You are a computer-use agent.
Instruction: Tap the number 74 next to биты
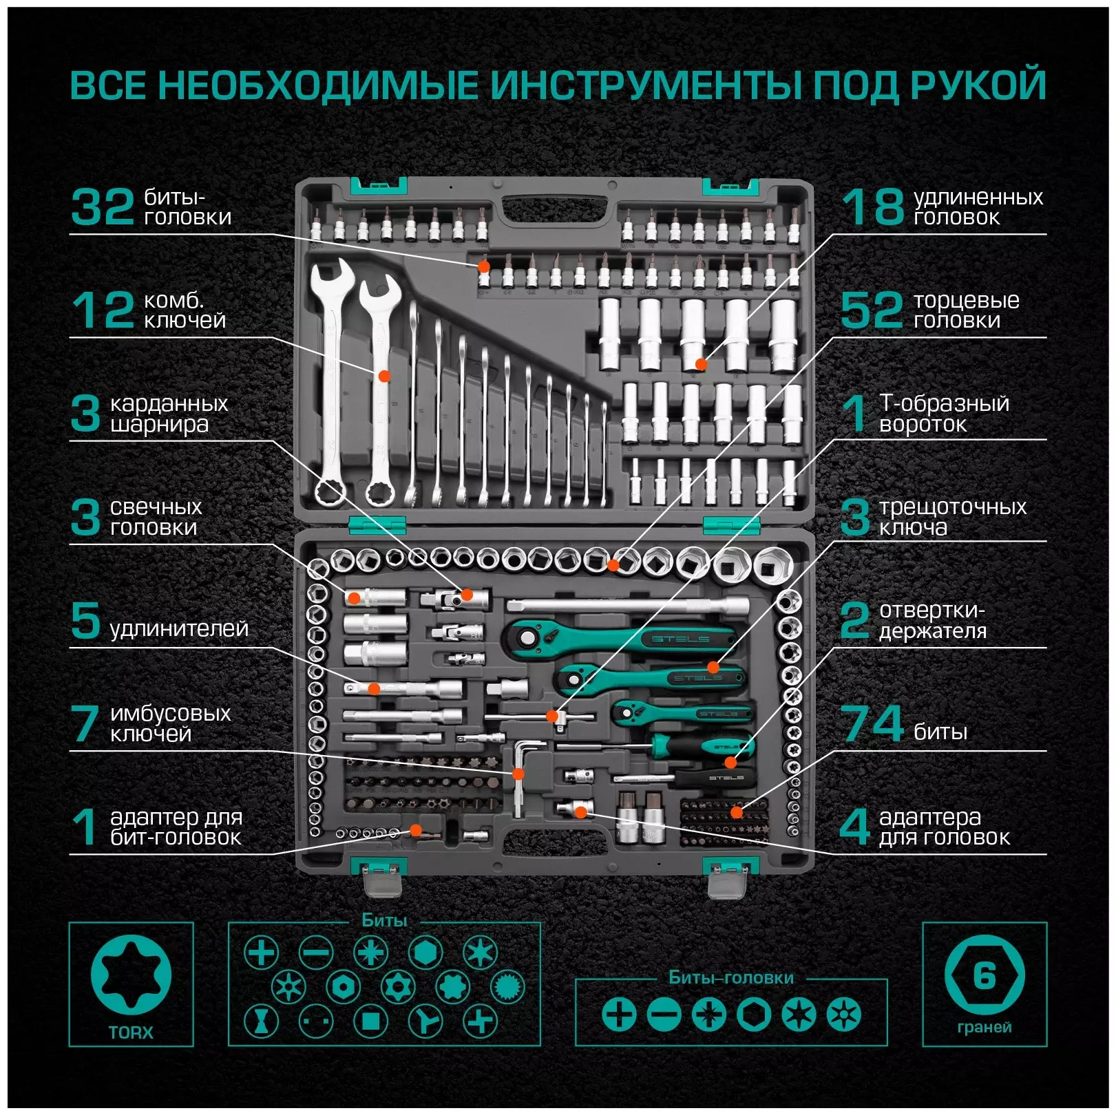tap(872, 723)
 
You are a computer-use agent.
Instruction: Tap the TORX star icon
tap(131, 975)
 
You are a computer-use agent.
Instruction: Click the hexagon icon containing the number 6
tap(985, 976)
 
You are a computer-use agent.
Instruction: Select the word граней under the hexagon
tap(985, 1027)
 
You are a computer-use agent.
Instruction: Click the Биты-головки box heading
tap(731, 977)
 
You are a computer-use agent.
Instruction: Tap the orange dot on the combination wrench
tap(385, 376)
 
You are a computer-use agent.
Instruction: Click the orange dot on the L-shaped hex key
tap(518, 774)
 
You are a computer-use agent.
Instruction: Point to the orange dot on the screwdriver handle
tap(730, 762)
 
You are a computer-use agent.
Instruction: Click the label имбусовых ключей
tap(170, 723)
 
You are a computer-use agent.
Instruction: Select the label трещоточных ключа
tap(952, 517)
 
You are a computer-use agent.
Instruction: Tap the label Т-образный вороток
tap(944, 413)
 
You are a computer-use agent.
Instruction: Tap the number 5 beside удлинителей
tap(86, 620)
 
